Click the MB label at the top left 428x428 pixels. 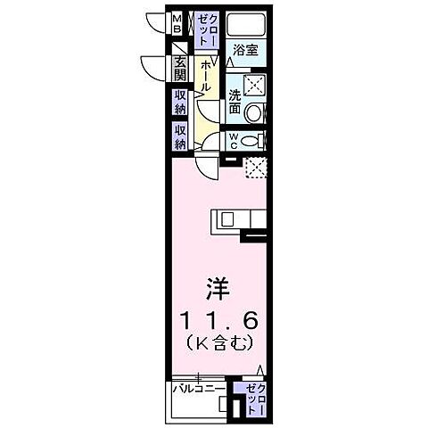[177, 23]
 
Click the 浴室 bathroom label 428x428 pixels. [244, 51]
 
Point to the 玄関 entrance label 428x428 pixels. [180, 69]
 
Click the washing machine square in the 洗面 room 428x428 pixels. [256, 86]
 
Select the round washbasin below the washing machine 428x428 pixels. [255, 113]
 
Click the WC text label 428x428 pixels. [233, 141]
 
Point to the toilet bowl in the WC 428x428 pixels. [253, 141]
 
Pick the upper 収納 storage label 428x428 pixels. [180, 103]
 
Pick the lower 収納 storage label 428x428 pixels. [180, 136]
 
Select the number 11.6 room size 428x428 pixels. [219, 318]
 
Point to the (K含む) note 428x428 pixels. [219, 342]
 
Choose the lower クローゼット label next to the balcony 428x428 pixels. [255, 393]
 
